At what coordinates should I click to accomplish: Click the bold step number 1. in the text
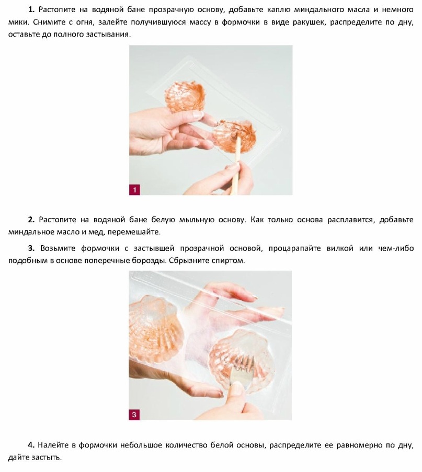(x=31, y=9)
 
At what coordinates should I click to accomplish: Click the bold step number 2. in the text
(x=31, y=220)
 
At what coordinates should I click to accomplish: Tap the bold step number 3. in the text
(x=31, y=248)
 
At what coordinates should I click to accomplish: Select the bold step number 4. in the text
(x=31, y=445)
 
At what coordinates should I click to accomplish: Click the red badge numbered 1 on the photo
(x=134, y=190)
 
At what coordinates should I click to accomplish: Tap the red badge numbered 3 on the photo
(x=134, y=415)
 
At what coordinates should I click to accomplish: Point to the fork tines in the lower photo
(x=242, y=362)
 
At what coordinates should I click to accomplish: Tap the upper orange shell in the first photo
(x=185, y=95)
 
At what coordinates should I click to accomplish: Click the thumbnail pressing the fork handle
(x=237, y=388)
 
